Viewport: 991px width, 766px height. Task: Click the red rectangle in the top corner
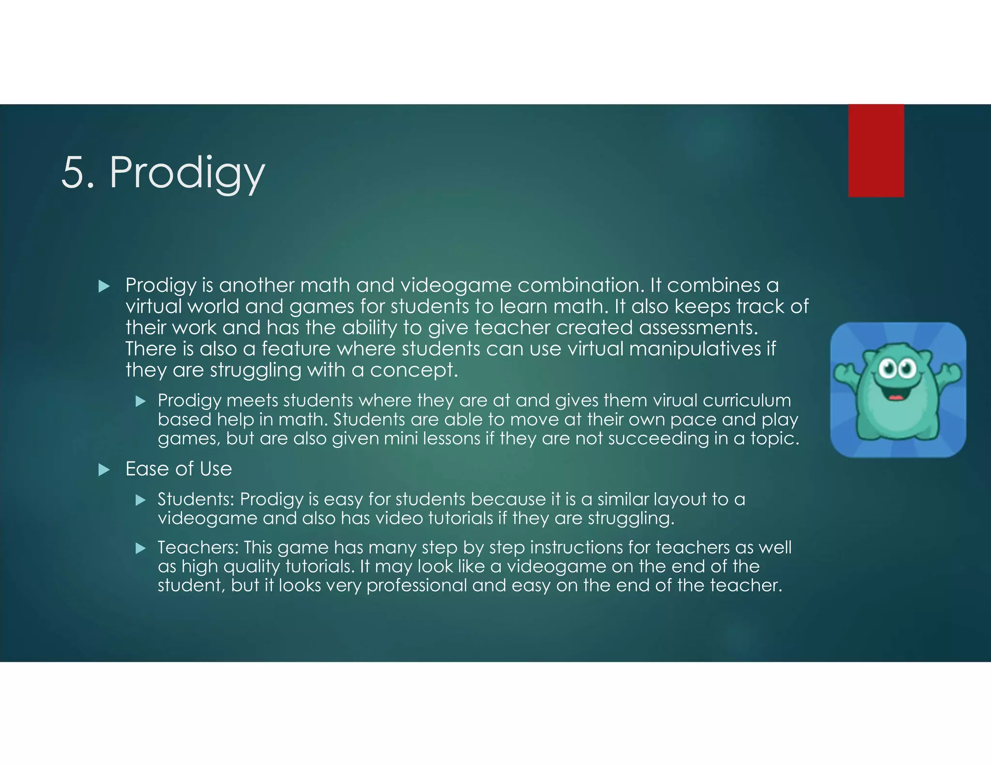point(876,151)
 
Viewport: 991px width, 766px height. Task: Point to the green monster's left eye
point(888,370)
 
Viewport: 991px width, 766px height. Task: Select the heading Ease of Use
point(179,469)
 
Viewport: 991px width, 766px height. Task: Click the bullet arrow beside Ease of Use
point(104,470)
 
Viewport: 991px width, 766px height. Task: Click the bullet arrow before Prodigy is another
point(104,286)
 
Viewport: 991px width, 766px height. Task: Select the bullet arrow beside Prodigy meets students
point(141,401)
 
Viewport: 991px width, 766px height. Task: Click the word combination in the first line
point(580,285)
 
